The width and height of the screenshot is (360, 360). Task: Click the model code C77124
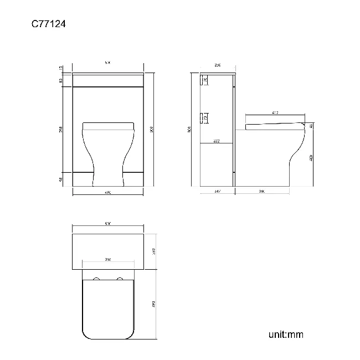pos(49,24)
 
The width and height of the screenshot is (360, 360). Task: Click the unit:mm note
pos(286,335)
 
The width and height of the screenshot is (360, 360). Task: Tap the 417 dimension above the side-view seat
pos(275,113)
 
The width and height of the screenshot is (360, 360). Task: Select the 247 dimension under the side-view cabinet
pos(217,191)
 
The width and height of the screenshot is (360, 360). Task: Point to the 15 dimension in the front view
pos(60,68)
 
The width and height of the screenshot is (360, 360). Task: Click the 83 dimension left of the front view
pos(60,81)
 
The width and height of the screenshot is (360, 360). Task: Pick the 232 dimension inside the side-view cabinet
pos(217,141)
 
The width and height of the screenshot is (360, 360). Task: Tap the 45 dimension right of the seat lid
pos(311,126)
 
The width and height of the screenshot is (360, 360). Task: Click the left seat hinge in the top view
pos(96,277)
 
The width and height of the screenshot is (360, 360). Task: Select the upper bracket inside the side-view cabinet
pos(204,81)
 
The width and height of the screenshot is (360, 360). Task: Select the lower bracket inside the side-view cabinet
pos(204,118)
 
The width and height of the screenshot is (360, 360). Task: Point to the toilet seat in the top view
pos(108,309)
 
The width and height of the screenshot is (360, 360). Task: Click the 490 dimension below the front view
pos(108,193)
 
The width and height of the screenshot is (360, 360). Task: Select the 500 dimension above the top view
pos(108,224)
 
